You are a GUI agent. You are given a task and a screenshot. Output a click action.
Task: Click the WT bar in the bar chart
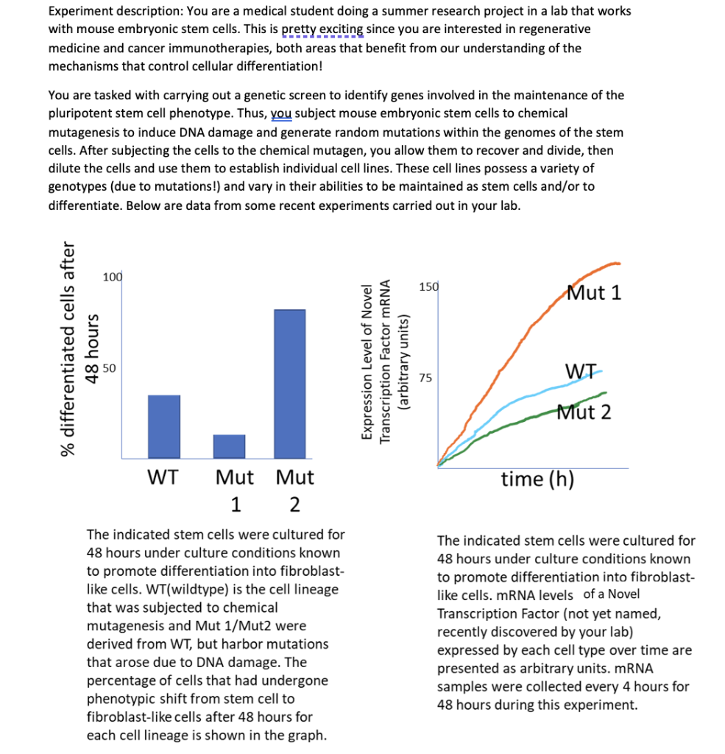(164, 427)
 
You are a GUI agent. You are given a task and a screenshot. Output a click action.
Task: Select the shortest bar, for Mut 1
(229, 446)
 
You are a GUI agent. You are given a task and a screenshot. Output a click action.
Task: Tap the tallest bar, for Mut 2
(289, 384)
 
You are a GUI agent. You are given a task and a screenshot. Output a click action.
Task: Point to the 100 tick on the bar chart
(113, 277)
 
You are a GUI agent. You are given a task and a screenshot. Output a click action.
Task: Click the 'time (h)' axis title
(537, 479)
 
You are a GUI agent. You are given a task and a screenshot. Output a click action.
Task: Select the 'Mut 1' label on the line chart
(594, 292)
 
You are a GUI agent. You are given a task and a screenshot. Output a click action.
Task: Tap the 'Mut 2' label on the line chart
(584, 412)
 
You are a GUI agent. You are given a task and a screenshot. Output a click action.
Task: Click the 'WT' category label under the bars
(163, 477)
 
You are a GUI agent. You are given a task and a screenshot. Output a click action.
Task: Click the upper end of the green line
(605, 392)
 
